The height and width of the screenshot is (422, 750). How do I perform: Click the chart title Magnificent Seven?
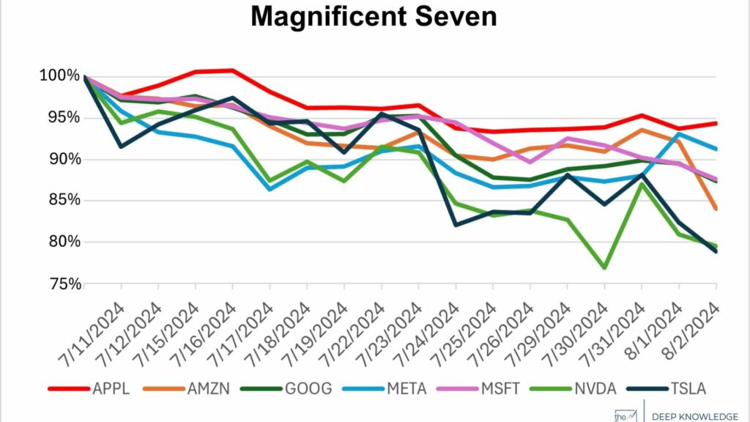pos(374,17)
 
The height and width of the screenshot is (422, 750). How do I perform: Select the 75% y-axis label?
pos(60,284)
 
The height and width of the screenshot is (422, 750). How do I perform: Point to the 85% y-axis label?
pos(60,201)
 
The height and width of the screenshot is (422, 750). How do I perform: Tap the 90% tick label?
pos(60,160)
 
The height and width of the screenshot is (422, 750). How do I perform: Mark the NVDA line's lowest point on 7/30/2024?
pos(604,268)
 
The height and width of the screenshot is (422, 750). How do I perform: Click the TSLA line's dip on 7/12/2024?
pos(120,147)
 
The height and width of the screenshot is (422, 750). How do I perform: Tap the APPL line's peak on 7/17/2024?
pos(232,70)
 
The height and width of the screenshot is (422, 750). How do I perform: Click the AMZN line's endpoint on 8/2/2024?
pos(716,209)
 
